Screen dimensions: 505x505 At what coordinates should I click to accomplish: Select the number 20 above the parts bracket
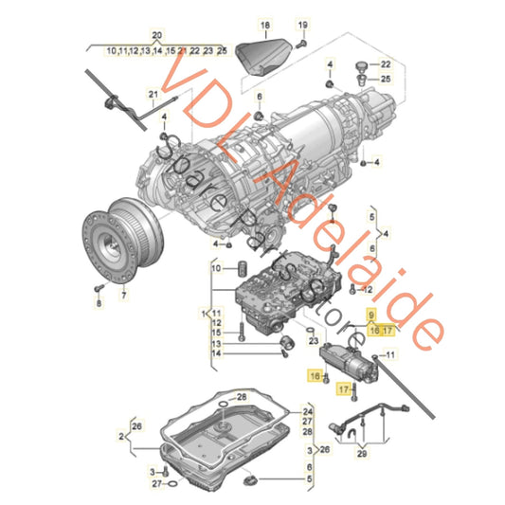point(157,35)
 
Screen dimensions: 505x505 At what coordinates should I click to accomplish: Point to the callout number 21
point(152,95)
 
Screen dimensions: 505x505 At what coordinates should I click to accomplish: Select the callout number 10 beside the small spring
point(217,269)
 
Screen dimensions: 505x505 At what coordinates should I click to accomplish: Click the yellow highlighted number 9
point(371,314)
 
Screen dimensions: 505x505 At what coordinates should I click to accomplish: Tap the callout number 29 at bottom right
point(360,454)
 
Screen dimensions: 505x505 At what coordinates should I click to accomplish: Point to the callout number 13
point(217,342)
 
